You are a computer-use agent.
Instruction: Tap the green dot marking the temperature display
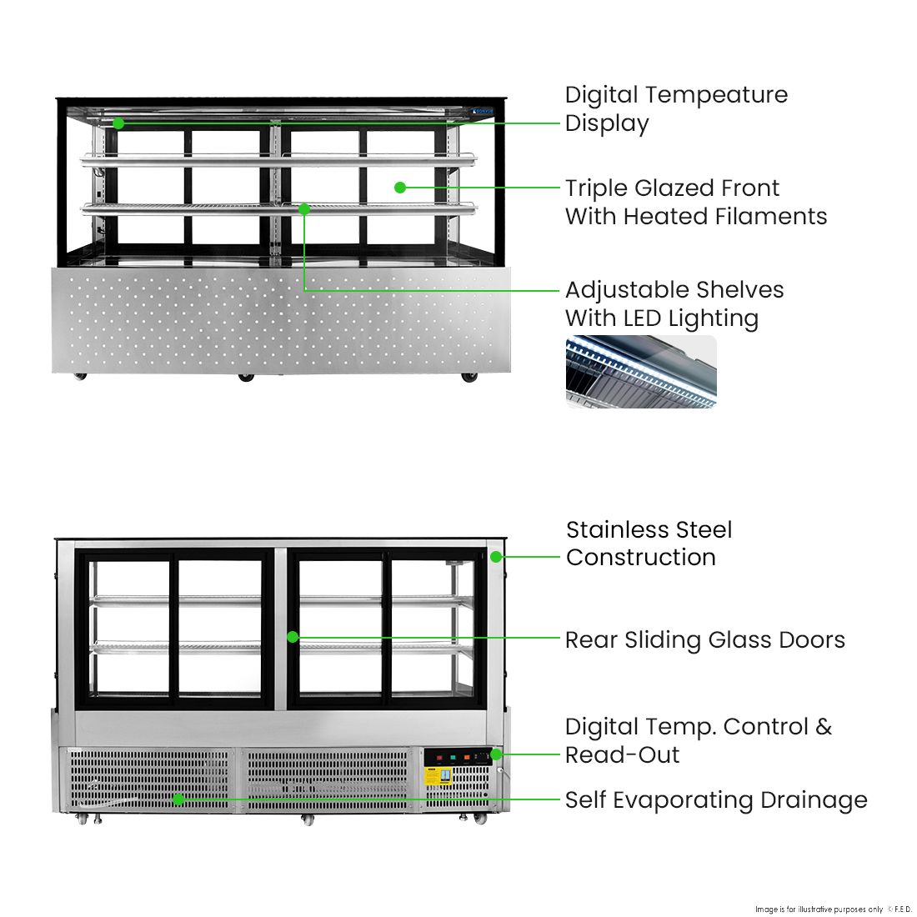[x=118, y=123]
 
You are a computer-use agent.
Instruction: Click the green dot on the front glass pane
[x=400, y=188]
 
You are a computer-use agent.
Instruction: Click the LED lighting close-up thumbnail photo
[x=640, y=371]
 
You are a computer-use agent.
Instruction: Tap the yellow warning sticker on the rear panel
[x=438, y=775]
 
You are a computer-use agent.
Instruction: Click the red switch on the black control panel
[x=439, y=758]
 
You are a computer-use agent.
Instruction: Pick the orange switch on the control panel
[x=467, y=758]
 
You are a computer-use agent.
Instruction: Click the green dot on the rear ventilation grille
[x=178, y=799]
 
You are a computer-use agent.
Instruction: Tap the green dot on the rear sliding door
[x=293, y=637]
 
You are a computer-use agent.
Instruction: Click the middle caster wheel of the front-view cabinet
[x=245, y=378]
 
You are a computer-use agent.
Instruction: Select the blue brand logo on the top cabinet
[x=482, y=110]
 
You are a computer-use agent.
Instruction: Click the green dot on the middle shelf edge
[x=304, y=209]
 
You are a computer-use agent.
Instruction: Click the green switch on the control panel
[x=453, y=758]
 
